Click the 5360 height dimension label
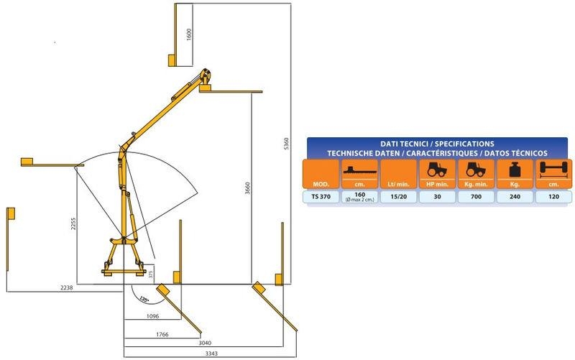pyautogui.click(x=286, y=143)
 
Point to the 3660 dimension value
pyautogui.click(x=247, y=188)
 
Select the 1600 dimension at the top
pyautogui.click(x=189, y=34)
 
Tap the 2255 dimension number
pyautogui.click(x=73, y=223)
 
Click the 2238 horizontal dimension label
pyautogui.click(x=66, y=287)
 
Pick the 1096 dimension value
pyautogui.click(x=152, y=315)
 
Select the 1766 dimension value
pyautogui.click(x=162, y=334)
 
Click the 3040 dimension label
pyautogui.click(x=205, y=343)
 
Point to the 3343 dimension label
pyautogui.click(x=211, y=354)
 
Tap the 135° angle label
pyautogui.click(x=144, y=299)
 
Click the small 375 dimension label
pyautogui.click(x=150, y=274)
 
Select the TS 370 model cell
pyautogui.click(x=321, y=197)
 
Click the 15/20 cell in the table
pyautogui.click(x=399, y=197)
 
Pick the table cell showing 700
pyautogui.click(x=476, y=197)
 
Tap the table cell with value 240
pyautogui.click(x=515, y=197)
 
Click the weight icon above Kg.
pyautogui.click(x=515, y=170)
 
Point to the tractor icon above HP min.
pyautogui.click(x=437, y=170)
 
